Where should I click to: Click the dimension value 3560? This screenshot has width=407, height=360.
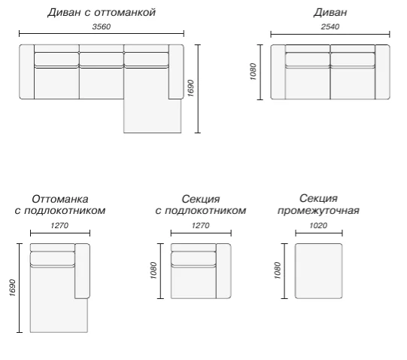[102, 26]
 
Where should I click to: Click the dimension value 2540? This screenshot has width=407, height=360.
[330, 26]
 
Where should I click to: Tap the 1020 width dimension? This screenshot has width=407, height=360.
[318, 225]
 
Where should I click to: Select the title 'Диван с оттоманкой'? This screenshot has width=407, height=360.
[102, 13]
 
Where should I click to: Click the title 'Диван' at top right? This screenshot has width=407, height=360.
[330, 13]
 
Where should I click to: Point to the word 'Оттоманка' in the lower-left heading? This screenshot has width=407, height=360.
[60, 199]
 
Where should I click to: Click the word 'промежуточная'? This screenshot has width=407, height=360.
[318, 211]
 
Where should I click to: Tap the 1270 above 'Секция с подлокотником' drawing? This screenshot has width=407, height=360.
[201, 225]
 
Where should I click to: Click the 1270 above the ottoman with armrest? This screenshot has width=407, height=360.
[59, 225]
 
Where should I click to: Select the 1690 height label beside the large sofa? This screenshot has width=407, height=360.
[191, 88]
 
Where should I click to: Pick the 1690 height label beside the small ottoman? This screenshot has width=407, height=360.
[12, 288]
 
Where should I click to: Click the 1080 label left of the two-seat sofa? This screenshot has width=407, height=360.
[253, 72]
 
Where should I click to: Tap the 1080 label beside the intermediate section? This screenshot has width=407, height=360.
[278, 270]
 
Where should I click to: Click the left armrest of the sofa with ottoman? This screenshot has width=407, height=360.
[27, 72]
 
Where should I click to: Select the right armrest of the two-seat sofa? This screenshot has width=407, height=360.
[382, 72]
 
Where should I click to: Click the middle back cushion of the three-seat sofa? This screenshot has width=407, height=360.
[102, 59]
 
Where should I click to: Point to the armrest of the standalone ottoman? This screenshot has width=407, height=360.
[82, 271]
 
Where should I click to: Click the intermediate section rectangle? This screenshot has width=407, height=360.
[318, 271]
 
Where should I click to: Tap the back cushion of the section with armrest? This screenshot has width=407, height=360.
[193, 258]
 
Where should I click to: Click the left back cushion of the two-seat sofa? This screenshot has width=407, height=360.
[308, 59]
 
